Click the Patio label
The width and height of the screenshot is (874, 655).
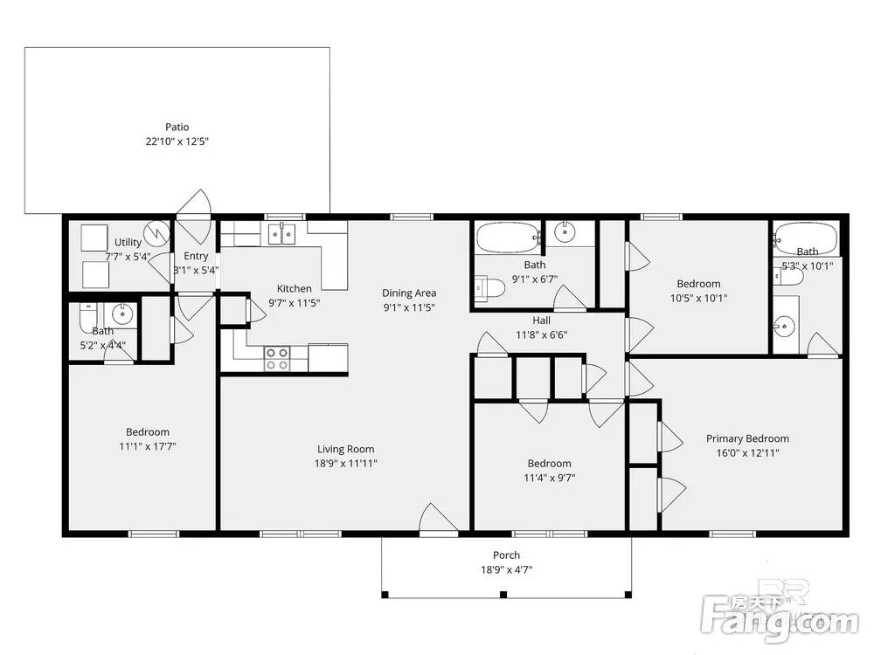tap(177, 127)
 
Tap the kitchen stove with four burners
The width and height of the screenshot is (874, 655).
tap(277, 359)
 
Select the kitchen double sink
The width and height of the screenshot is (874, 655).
tap(281, 234)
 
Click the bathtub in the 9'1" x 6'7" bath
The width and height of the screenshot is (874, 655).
tap(509, 238)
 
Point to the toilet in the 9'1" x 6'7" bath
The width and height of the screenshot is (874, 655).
tap(490, 288)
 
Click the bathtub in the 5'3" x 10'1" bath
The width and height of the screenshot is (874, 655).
tap(805, 238)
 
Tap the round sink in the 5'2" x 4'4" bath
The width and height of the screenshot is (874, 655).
tap(122, 314)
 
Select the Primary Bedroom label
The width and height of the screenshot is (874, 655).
tap(747, 438)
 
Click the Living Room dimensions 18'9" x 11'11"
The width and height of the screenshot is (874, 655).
tap(345, 463)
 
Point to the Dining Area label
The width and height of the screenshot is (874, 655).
tap(409, 293)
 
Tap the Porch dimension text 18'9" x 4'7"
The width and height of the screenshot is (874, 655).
tap(506, 569)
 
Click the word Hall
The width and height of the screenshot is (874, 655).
tap(541, 321)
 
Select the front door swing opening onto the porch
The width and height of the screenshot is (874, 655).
tap(439, 519)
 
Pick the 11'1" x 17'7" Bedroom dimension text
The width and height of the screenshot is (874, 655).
tap(148, 446)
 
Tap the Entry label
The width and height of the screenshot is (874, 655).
tap(196, 256)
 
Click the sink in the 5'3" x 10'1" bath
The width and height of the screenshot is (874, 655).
tap(785, 325)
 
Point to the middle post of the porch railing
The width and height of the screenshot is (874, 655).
tap(503, 595)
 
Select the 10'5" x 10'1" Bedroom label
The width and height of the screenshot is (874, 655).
tap(698, 284)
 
